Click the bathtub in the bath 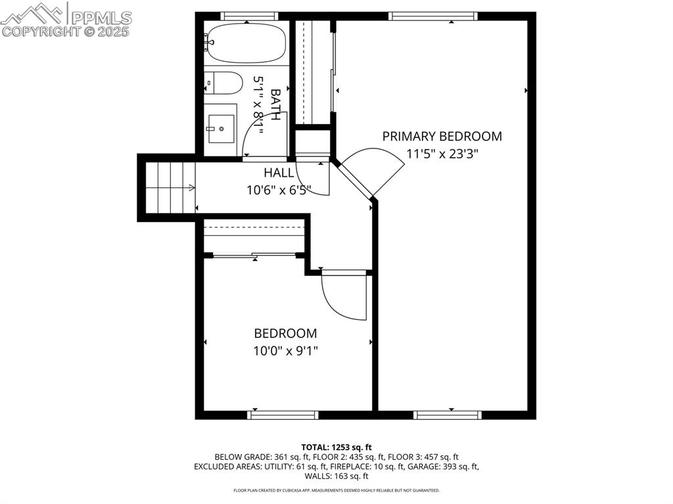click(245, 43)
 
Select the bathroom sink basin click(221, 125)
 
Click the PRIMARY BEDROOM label click(442, 137)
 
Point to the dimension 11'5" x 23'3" click(442, 154)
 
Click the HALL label click(279, 173)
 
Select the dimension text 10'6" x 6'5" click(279, 190)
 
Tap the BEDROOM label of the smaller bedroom click(285, 334)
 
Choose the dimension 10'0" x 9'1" click(285, 351)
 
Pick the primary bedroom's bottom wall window click(448, 415)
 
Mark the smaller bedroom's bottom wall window click(283, 415)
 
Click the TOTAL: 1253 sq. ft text click(336, 447)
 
